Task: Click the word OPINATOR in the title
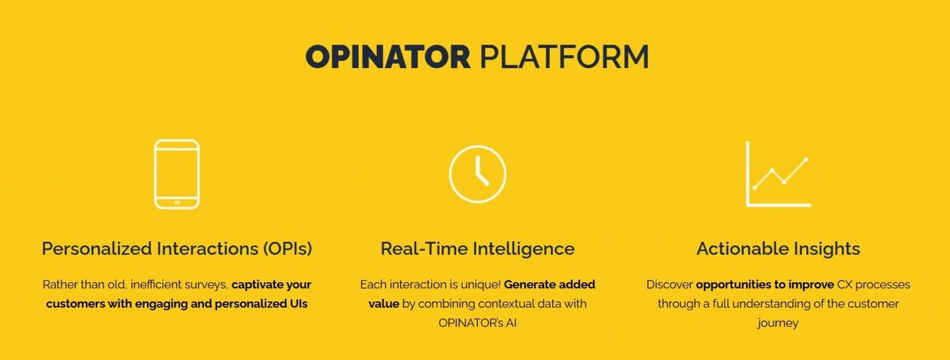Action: pyautogui.click(x=388, y=57)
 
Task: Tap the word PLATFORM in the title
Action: pyautogui.click(x=564, y=57)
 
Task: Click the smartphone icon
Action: pyautogui.click(x=177, y=175)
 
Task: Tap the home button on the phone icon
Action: pyautogui.click(x=177, y=203)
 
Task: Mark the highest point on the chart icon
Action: pyautogui.click(x=806, y=159)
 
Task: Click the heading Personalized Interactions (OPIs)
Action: pyautogui.click(x=177, y=248)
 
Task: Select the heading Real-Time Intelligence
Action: pyautogui.click(x=477, y=248)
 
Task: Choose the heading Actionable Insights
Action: pyautogui.click(x=778, y=248)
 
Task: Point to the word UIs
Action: pyautogui.click(x=299, y=303)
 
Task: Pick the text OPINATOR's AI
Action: pyautogui.click(x=477, y=323)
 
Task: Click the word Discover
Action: pyautogui.click(x=670, y=284)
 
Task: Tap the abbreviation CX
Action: pyautogui.click(x=844, y=284)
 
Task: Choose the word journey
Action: pyautogui.click(x=778, y=323)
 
